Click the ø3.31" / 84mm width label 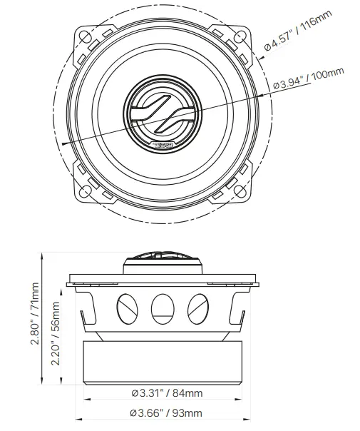pyautogui.click(x=166, y=393)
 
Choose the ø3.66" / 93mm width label pyautogui.click(x=166, y=412)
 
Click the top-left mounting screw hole pyautogui.click(x=86, y=35)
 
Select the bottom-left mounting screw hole pyautogui.click(x=86, y=191)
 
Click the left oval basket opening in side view pyautogui.click(x=125, y=308)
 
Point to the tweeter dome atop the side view pyautogui.click(x=163, y=260)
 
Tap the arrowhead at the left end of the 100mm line pyautogui.click(x=65, y=143)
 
